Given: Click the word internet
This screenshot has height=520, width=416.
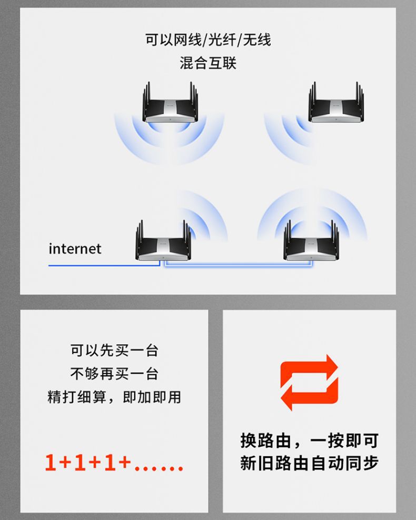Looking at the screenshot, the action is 75,249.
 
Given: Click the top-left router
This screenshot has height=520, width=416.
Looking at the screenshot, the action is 170,103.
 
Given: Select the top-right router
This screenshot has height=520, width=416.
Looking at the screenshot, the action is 336,103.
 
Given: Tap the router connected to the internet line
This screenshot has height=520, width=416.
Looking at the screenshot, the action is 163,241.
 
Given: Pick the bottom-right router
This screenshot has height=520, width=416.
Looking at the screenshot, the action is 311,241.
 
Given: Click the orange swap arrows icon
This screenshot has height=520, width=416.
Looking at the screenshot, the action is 309,383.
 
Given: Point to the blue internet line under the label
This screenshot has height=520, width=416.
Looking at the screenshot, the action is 104,265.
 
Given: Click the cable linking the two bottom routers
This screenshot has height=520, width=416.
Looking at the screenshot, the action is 238,265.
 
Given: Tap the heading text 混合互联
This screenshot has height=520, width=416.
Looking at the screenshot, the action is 208,63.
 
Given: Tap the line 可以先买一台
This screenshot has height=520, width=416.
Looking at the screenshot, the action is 114,351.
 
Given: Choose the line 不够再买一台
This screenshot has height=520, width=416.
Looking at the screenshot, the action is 114,374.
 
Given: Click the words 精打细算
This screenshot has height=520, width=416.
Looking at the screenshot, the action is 77,397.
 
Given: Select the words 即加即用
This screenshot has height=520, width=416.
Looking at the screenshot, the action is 152,397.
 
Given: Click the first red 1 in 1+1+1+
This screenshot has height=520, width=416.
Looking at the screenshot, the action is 50,462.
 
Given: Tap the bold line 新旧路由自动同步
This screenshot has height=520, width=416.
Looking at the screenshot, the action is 310,463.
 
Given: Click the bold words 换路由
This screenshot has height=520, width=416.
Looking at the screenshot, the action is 266,441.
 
